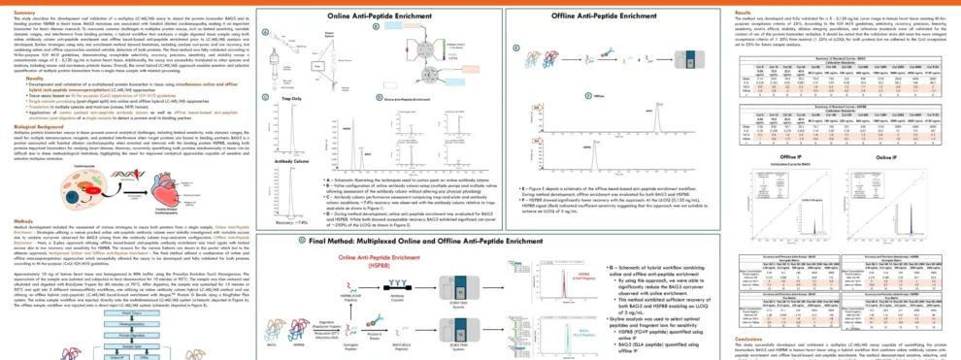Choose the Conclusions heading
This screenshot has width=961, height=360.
[737, 339]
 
